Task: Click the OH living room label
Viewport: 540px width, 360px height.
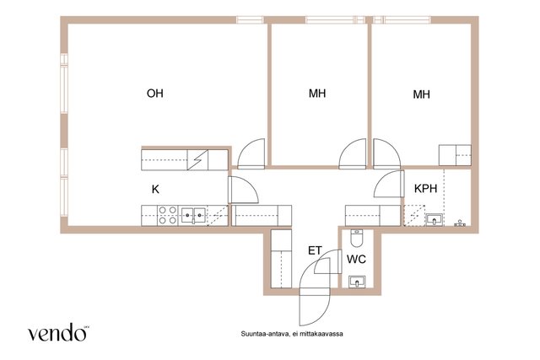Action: [154, 94]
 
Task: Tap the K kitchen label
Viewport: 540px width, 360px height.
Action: [155, 190]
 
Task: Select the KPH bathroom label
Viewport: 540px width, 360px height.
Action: [425, 189]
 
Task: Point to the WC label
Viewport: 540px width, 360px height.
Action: [356, 259]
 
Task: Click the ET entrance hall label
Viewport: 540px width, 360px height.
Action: [315, 250]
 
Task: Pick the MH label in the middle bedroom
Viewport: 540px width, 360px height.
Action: [317, 94]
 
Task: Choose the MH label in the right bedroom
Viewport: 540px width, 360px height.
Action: [421, 94]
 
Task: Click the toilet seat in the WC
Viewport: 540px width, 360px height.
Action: [356, 238]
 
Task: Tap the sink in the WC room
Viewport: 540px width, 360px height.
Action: [357, 282]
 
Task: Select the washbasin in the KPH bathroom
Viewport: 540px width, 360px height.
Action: [435, 219]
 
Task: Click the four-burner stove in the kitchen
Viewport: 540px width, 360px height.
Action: [167, 216]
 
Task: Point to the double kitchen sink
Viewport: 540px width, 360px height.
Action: [193, 216]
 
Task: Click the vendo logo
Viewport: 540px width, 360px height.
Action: [57, 332]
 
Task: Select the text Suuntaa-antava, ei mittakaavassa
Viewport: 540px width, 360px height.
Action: [292, 334]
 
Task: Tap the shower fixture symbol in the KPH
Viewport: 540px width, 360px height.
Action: [460, 223]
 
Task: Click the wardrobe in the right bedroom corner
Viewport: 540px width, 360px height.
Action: [455, 155]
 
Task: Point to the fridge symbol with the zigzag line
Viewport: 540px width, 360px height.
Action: [197, 159]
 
